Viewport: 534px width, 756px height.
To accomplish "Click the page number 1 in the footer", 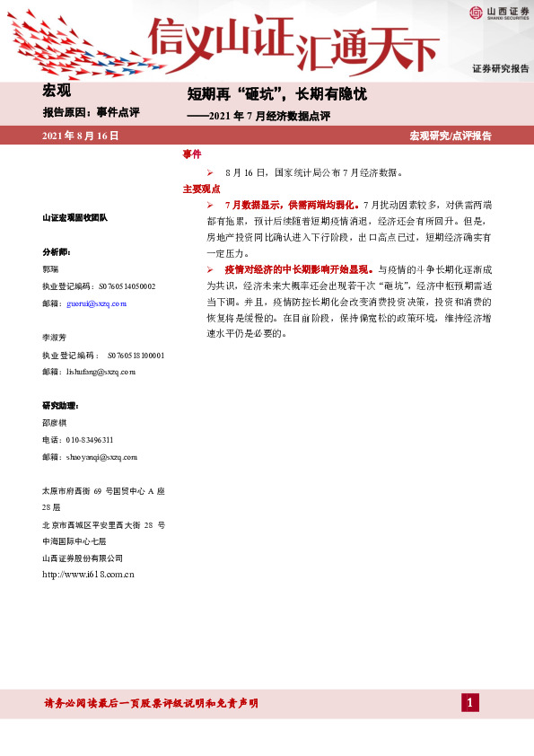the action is (x=469, y=702).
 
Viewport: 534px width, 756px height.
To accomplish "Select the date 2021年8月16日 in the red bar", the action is (x=80, y=136).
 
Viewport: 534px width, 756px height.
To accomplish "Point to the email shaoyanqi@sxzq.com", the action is (x=101, y=457).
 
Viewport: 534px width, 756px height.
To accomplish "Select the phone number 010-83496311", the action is (x=90, y=440).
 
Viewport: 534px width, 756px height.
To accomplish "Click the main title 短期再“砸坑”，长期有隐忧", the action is (x=276, y=94).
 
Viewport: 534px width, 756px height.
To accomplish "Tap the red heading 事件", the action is (x=192, y=154).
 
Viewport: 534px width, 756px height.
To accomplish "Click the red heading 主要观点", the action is (x=201, y=189).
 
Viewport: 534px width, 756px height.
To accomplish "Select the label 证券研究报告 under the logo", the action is (x=501, y=69).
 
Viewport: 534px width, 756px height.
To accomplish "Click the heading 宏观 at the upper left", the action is (x=57, y=90).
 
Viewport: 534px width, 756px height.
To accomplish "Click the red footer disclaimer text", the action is (x=151, y=703).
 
